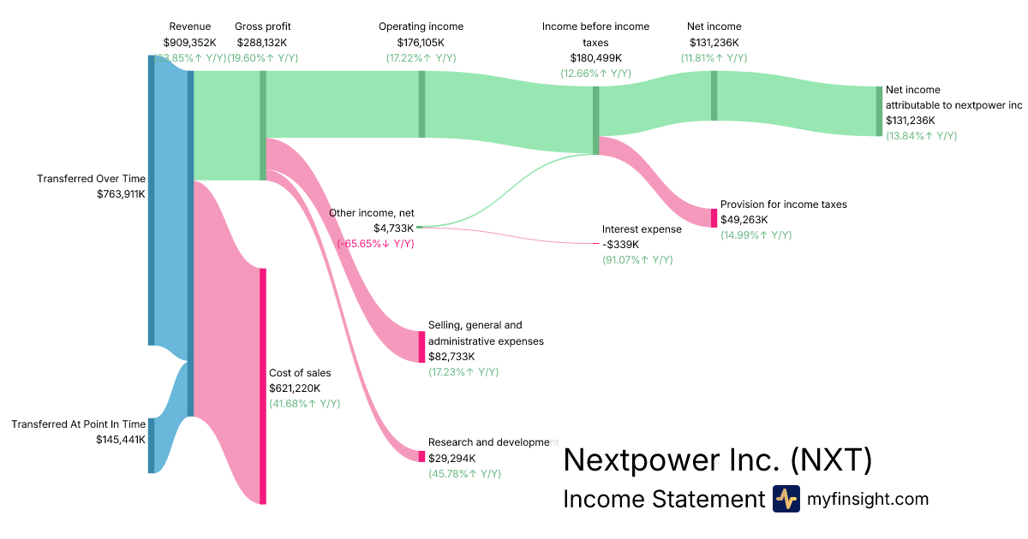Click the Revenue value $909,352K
[189, 42]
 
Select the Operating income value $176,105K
[421, 42]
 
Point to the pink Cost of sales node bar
[263, 385]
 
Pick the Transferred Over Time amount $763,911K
[121, 194]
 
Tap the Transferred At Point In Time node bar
[152, 445]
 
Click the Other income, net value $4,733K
[393, 228]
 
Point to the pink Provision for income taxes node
[714, 217]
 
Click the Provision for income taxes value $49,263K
[744, 220]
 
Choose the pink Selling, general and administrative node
[421, 346]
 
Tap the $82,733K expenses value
[451, 357]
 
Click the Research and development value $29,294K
[451, 459]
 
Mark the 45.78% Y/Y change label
[464, 474]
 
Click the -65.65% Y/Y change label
[375, 244]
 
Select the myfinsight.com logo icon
[786, 499]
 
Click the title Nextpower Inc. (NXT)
[717, 460]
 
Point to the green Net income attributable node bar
[878, 111]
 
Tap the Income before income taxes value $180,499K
[595, 57]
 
